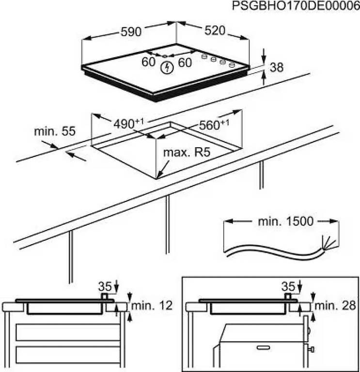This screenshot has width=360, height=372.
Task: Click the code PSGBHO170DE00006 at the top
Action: [x=296, y=6]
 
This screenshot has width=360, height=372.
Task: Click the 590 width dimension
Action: [x=131, y=32]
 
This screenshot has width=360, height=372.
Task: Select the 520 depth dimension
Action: [x=215, y=31]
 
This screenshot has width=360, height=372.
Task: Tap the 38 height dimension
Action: [x=277, y=67]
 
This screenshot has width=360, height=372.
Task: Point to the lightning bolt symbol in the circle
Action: [x=167, y=68]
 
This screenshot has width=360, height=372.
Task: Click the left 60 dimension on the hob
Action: [x=148, y=62]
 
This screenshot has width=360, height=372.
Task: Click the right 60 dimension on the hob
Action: [x=185, y=62]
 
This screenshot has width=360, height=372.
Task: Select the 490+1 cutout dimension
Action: [x=128, y=124]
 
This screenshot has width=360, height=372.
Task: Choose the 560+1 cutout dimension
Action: [x=214, y=125]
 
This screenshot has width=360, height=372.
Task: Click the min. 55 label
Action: [x=55, y=131]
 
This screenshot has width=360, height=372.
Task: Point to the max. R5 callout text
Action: [x=187, y=153]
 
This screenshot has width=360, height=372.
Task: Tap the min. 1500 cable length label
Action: [x=285, y=221]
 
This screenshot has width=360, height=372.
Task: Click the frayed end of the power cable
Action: [x=328, y=244]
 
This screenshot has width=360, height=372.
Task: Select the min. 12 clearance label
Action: [x=152, y=306]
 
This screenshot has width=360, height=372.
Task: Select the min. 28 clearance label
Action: [x=335, y=306]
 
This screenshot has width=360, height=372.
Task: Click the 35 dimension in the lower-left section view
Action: [x=105, y=286]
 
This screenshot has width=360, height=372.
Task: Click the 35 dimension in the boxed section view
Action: [x=288, y=286]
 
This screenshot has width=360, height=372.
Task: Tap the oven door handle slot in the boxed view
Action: [x=263, y=348]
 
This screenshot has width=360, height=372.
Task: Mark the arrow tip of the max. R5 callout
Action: [x=158, y=178]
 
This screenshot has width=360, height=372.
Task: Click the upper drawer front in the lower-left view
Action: [x=68, y=332]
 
